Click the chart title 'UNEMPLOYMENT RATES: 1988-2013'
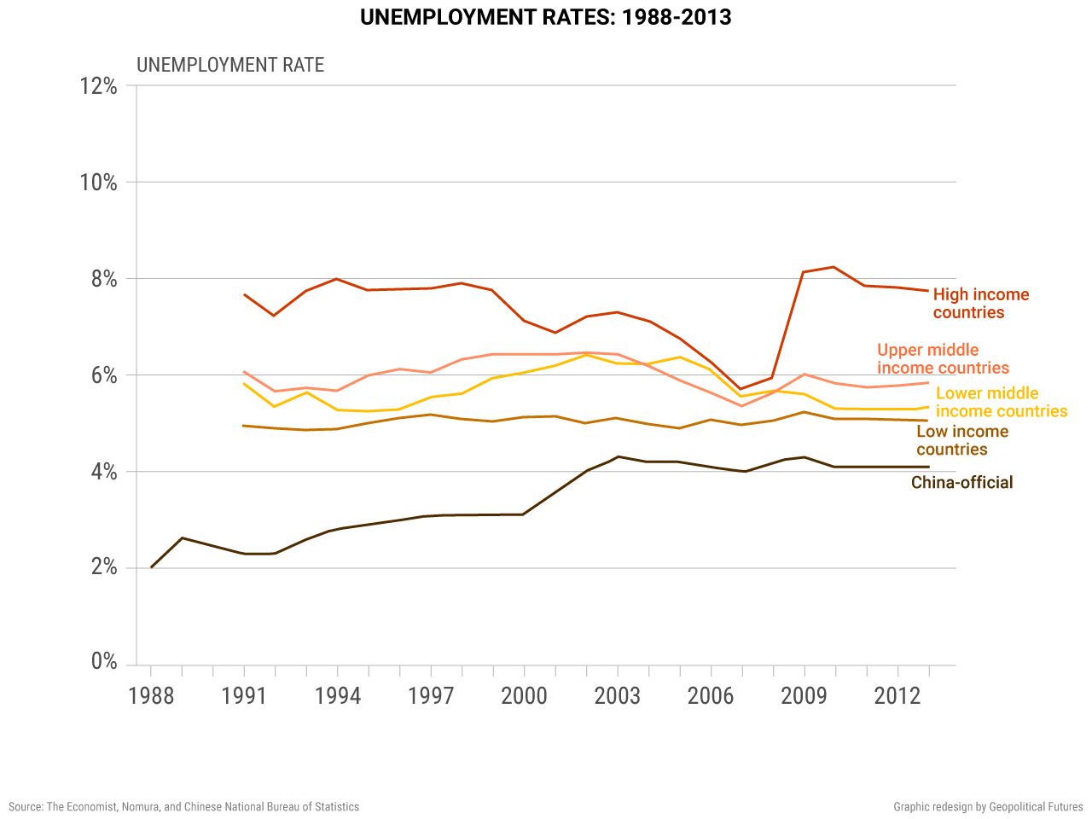click(x=545, y=18)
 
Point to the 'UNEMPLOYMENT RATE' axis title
click(x=230, y=66)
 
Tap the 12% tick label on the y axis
click(x=99, y=86)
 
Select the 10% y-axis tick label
click(x=99, y=183)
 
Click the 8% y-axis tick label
click(x=104, y=279)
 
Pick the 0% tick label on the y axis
click(x=104, y=662)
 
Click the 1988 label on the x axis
click(x=151, y=696)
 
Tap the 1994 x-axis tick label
click(x=337, y=696)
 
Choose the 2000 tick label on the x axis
click(x=524, y=696)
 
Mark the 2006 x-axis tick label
click(x=711, y=696)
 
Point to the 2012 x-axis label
click(x=897, y=696)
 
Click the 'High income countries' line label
click(x=981, y=304)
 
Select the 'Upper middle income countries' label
click(x=943, y=359)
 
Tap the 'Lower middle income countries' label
click(x=1001, y=403)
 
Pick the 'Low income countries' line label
click(x=962, y=441)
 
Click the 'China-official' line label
click(x=961, y=483)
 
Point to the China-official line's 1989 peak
click(x=183, y=538)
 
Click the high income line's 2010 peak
click(x=834, y=267)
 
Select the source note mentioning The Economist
click(x=184, y=807)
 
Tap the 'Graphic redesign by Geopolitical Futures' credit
click(x=988, y=807)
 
